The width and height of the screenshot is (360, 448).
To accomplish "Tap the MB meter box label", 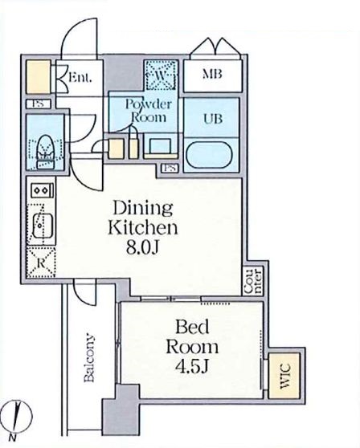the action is point(212,75).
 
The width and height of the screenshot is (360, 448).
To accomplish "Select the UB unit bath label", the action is point(213,119).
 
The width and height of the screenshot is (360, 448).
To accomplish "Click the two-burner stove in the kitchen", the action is point(43,190).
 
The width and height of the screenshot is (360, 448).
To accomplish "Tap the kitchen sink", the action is point(43,225).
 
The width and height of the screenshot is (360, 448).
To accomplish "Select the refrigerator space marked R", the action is point(41,263).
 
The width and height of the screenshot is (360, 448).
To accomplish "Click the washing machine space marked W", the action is point(161,75).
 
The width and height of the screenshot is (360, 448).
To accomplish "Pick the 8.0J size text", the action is point(142,248).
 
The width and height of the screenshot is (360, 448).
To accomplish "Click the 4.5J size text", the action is point(191,367).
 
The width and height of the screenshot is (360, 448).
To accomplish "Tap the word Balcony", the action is point(89,358).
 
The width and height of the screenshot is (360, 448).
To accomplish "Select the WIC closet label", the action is point(285,376).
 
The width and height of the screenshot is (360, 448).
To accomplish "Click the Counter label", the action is point(254,281).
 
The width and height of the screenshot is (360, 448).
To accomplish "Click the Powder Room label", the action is point(149,111).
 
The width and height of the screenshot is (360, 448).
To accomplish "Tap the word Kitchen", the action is point(143,228).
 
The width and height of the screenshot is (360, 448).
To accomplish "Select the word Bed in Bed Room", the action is point(192,328).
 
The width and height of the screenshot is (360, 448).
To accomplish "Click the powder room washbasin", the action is point(160,146).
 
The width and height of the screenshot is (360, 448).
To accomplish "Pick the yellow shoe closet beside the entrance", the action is point(38,76).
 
